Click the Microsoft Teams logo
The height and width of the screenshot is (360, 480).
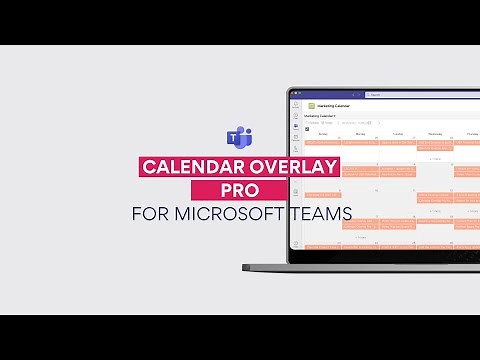tap(240, 137)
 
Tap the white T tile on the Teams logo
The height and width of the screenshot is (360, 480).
tap(236, 139)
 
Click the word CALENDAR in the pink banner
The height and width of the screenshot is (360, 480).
tap(191, 165)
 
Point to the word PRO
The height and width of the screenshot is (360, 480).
tap(240, 189)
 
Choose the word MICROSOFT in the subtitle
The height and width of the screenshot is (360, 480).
tap(229, 213)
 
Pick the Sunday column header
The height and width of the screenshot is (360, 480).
tap(323, 132)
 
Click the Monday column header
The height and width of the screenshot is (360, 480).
tap(360, 132)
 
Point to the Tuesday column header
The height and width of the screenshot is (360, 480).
tap(398, 132)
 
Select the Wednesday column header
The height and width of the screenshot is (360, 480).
tap(435, 132)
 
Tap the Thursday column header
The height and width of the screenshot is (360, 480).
tap(468, 132)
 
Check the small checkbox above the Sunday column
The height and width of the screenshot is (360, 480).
tap(307, 129)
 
